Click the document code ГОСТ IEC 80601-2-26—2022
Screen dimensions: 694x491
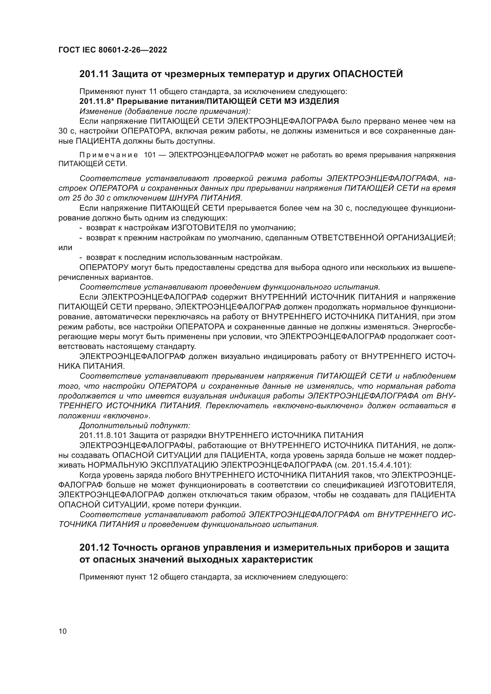pos(113,50)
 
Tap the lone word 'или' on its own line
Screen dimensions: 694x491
pos(65,247)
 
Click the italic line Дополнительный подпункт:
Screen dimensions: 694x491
pos(134,425)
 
